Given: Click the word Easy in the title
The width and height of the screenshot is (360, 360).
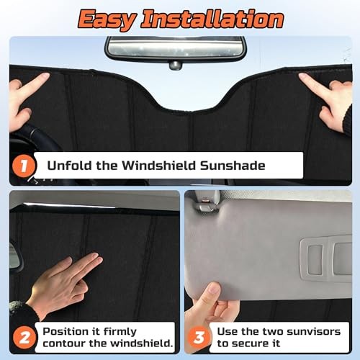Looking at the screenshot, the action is [x=108, y=20].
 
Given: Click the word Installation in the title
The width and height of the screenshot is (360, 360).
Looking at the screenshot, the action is [x=212, y=19].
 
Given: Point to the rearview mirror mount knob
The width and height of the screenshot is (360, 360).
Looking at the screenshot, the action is [x=175, y=66].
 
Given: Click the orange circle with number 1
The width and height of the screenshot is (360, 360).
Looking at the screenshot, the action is [x=24, y=166].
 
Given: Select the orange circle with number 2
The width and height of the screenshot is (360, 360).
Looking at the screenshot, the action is [x=24, y=338].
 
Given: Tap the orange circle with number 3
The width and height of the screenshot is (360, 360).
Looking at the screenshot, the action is [x=199, y=338].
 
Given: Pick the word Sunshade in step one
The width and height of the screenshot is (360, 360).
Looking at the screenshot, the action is [x=233, y=166].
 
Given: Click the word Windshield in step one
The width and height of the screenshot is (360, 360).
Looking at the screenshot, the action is [x=159, y=166].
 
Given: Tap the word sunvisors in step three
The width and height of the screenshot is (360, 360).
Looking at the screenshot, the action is [x=314, y=331].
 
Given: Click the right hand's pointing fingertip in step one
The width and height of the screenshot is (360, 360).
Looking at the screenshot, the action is [x=302, y=76].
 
